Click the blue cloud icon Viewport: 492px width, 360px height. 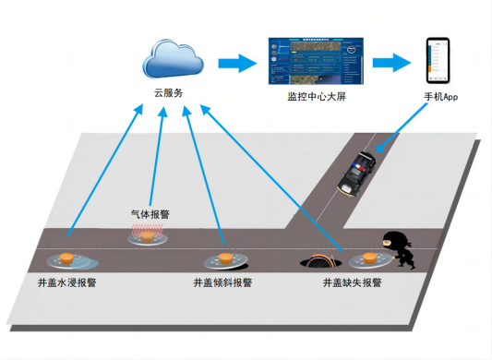pyautogui.click(x=174, y=59)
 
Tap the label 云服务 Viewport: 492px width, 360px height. pyautogui.click(x=169, y=93)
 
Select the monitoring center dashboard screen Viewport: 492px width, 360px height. pyautogui.click(x=317, y=61)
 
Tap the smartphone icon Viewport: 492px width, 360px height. pyautogui.click(x=438, y=60)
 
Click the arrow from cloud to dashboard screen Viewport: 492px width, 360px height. pyautogui.click(x=234, y=63)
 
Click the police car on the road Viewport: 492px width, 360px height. pyautogui.click(x=356, y=173)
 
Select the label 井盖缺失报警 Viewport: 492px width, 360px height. pyautogui.click(x=352, y=282)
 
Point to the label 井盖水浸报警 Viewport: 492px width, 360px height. pyautogui.click(x=66, y=282)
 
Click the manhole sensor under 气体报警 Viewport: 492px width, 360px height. pyautogui.click(x=147, y=239)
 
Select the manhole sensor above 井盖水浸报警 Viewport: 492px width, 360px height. pyautogui.click(x=67, y=259)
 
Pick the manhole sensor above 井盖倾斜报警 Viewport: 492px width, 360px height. pyautogui.click(x=225, y=260)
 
